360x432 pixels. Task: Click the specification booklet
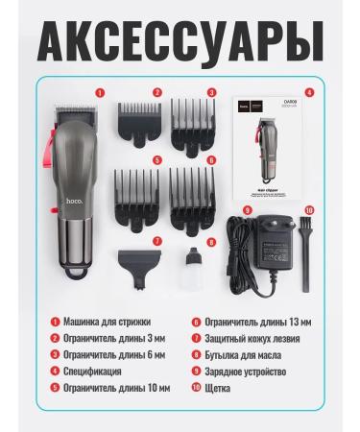point(268,143)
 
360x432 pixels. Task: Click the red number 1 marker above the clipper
point(98,92)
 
